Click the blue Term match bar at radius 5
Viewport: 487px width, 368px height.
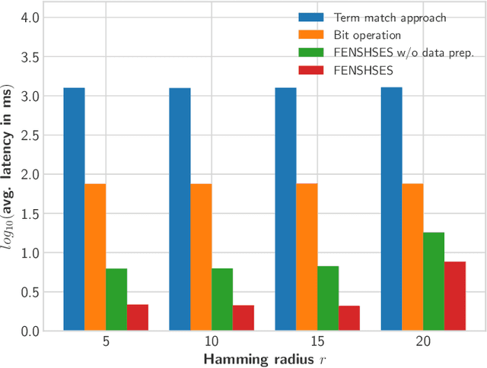[74, 209]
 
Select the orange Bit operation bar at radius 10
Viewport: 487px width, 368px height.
[201, 257]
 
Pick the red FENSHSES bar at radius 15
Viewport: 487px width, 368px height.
[349, 318]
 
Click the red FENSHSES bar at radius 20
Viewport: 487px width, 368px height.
[455, 296]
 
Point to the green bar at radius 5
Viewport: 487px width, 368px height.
[116, 300]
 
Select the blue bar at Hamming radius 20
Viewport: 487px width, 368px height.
[391, 209]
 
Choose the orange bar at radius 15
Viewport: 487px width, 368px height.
[307, 257]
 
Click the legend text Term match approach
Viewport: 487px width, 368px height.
[380, 17]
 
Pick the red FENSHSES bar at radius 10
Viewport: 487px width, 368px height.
[243, 318]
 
